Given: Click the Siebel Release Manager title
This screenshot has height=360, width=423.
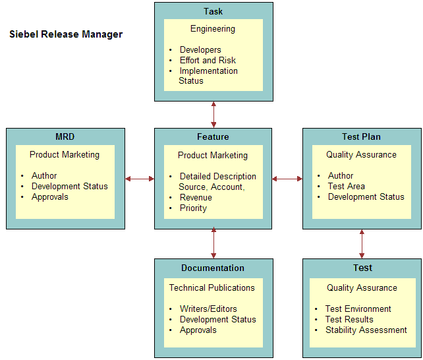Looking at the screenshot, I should click(x=66, y=34).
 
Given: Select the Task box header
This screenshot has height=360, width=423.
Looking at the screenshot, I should click(x=213, y=11).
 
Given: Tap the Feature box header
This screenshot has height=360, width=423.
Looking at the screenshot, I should click(x=213, y=136).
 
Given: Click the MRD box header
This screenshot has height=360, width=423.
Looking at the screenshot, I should click(x=65, y=136).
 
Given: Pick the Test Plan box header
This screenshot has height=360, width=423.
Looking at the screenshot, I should click(x=361, y=136).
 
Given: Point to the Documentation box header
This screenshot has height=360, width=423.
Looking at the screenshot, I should click(x=213, y=268).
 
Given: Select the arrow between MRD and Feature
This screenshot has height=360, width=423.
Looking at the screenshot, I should click(x=140, y=179).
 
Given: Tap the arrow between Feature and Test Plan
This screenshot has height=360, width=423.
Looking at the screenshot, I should click(x=287, y=179).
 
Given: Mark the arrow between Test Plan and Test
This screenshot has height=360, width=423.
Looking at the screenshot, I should click(x=362, y=244).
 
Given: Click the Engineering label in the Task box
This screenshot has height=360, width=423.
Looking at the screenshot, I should click(x=213, y=29).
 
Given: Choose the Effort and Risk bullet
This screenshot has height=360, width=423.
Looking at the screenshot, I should click(x=208, y=60).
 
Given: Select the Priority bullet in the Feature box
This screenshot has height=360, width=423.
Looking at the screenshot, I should click(x=193, y=208).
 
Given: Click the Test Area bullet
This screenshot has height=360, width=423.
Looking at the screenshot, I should click(x=346, y=186).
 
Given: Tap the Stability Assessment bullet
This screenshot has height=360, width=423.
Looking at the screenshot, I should click(x=366, y=330).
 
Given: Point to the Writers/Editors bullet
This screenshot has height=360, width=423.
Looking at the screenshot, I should click(x=208, y=309).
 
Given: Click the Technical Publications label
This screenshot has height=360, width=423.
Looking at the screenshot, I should click(x=211, y=287).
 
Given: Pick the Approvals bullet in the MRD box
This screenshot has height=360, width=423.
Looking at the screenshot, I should click(x=50, y=196).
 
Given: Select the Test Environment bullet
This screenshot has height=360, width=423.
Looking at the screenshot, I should click(x=358, y=309).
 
